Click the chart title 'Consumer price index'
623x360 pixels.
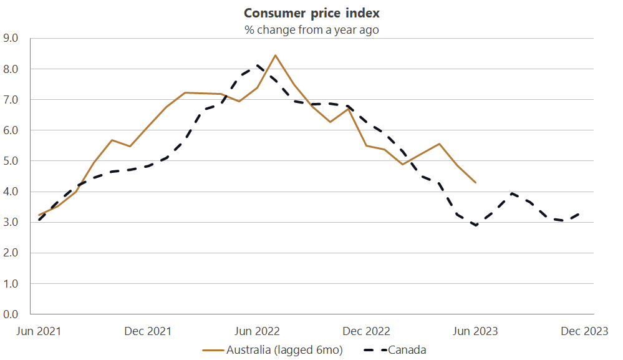click(311, 13)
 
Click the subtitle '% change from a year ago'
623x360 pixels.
click(311, 29)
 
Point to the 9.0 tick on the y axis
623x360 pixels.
click(11, 38)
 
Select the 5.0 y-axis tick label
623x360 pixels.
click(11, 161)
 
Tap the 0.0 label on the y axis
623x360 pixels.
click(11, 314)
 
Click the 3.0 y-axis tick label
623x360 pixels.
click(11, 222)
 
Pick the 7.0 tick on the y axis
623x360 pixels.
click(11, 100)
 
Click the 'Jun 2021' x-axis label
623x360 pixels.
click(39, 331)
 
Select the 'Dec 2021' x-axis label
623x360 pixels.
click(148, 331)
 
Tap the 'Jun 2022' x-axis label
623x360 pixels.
click(257, 331)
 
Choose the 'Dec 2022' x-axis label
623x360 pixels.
click(367, 331)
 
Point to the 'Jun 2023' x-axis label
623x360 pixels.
click(476, 331)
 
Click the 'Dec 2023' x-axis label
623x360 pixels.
click(585, 331)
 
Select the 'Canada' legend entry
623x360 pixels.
click(407, 350)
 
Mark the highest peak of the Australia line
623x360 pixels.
click(276, 55)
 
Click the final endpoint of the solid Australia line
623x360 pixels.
click(476, 182)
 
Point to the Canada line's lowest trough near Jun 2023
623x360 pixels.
click(476, 225)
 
